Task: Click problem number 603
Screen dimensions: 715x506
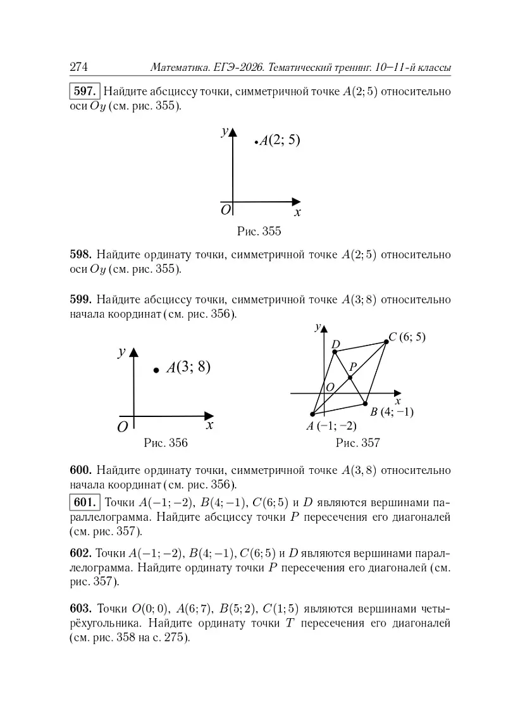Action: (x=81, y=609)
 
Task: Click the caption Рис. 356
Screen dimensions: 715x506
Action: (x=166, y=443)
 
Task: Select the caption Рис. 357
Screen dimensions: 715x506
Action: (x=357, y=443)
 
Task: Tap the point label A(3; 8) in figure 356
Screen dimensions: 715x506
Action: (x=188, y=368)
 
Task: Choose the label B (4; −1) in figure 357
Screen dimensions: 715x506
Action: (x=392, y=412)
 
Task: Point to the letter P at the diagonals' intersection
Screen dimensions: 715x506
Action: (x=353, y=366)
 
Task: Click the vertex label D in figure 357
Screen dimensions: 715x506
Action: (x=336, y=344)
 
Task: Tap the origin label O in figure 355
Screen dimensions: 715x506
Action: (x=225, y=209)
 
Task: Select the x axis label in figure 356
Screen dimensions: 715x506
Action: (x=209, y=426)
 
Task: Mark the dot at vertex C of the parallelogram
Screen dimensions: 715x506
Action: (x=386, y=342)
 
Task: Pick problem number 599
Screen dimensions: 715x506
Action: (x=81, y=299)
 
